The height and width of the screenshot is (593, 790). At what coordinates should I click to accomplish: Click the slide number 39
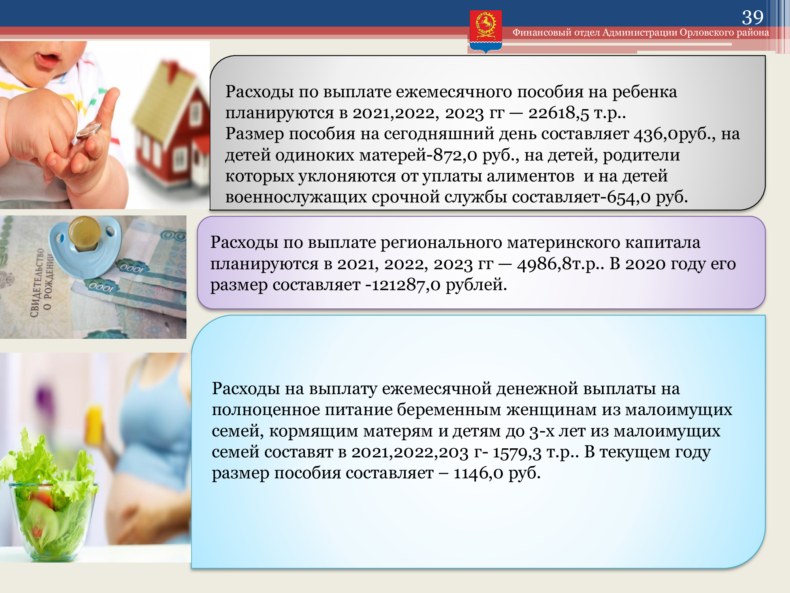(x=752, y=17)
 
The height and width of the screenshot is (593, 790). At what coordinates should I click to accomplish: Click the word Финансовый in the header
(x=542, y=32)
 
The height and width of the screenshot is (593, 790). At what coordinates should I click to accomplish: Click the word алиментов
(x=530, y=176)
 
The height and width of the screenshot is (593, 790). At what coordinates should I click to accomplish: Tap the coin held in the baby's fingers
(x=88, y=130)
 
